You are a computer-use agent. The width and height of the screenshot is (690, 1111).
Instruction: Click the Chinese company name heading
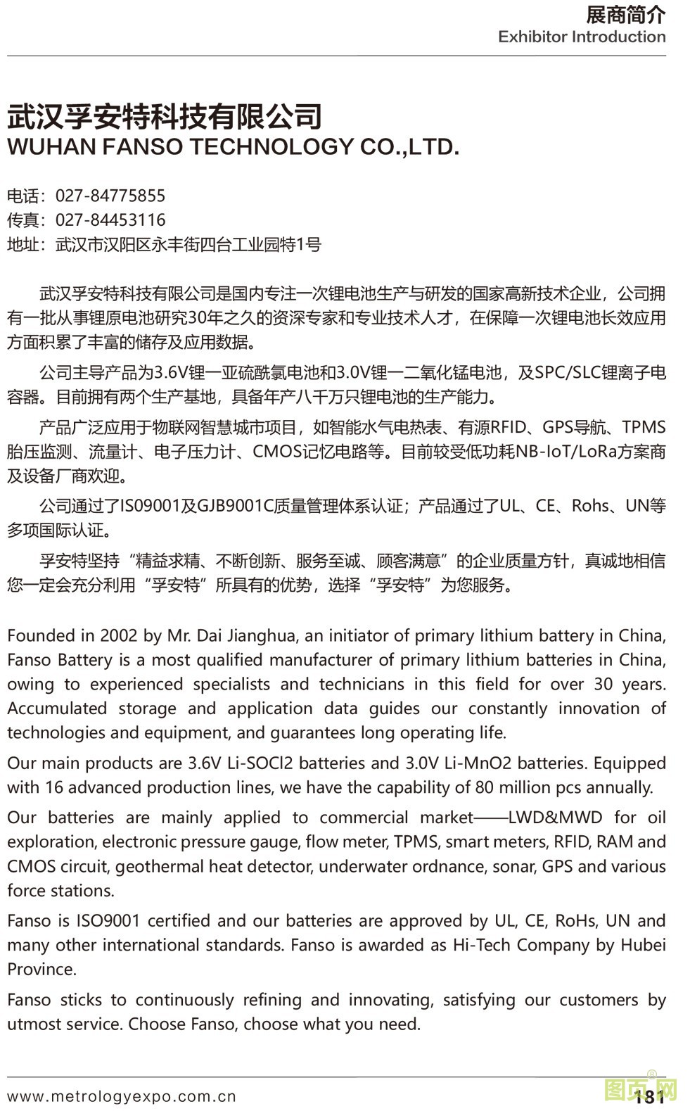click(165, 117)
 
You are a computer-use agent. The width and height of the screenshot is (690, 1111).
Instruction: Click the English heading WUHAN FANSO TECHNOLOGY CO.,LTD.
click(233, 147)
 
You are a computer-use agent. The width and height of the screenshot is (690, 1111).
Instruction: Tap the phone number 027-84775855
click(110, 196)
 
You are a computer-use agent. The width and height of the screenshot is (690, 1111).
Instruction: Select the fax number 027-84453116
click(110, 220)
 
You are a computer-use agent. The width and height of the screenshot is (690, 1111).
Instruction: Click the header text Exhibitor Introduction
click(582, 37)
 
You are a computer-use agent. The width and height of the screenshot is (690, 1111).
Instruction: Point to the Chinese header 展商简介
click(625, 14)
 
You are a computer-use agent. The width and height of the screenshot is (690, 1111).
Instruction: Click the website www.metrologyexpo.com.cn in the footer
click(122, 1096)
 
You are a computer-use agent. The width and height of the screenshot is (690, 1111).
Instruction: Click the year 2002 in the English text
click(119, 636)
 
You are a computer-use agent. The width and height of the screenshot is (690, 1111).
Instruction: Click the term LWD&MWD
click(555, 818)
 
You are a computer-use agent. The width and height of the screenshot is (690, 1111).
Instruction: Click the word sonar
click(513, 867)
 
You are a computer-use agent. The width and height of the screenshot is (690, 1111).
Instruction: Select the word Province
click(41, 970)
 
